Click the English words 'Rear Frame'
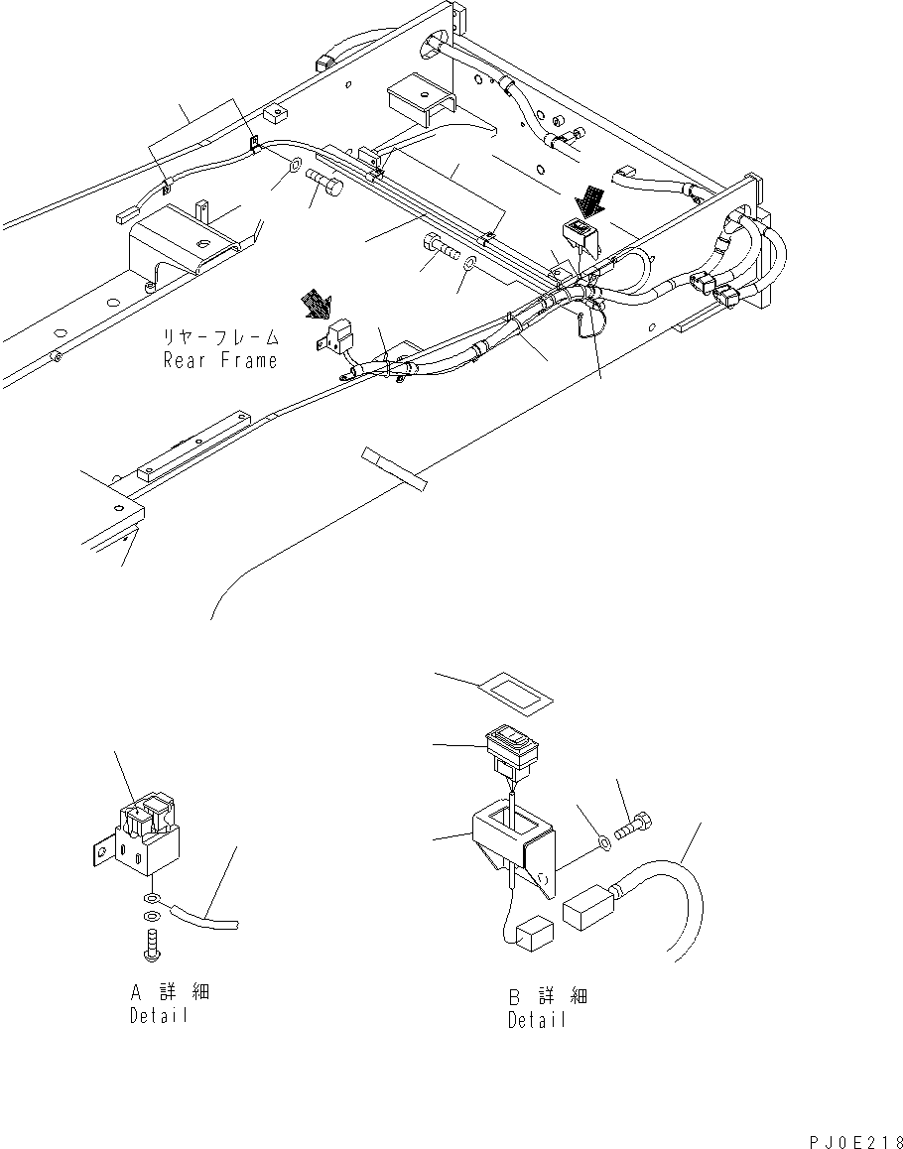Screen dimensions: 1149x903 (x=220, y=361)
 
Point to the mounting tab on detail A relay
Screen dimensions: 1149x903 (x=99, y=851)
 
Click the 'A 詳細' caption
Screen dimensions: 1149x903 (x=170, y=992)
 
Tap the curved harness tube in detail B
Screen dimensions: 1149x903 (x=685, y=893)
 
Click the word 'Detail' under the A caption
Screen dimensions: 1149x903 (x=158, y=1017)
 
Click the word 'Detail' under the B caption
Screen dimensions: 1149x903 (x=537, y=1020)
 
